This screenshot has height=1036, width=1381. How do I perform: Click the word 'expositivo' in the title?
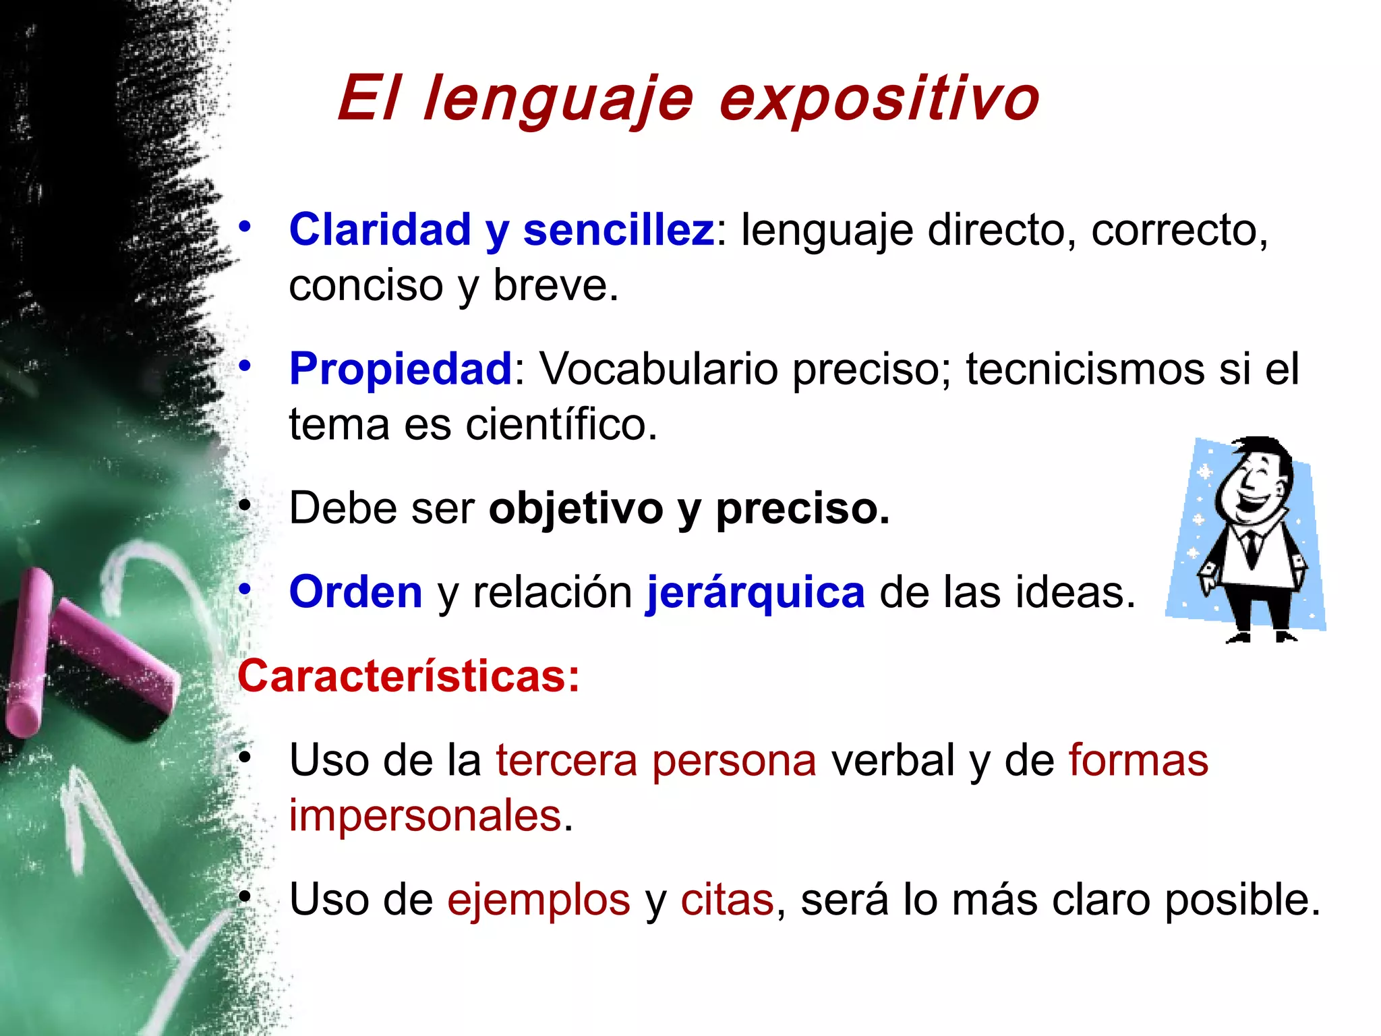point(879,99)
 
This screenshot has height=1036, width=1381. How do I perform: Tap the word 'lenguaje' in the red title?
point(558,99)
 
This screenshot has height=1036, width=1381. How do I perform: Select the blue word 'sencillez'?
point(618,230)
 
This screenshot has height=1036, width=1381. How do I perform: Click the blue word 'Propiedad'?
point(401,369)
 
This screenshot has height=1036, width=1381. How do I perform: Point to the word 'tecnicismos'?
point(1085,369)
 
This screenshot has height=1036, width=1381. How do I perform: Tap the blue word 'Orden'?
point(355,592)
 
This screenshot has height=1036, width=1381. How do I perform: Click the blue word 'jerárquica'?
point(755,592)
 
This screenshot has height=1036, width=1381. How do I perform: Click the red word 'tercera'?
point(566,760)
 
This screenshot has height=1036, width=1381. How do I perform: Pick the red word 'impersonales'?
point(425,815)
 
